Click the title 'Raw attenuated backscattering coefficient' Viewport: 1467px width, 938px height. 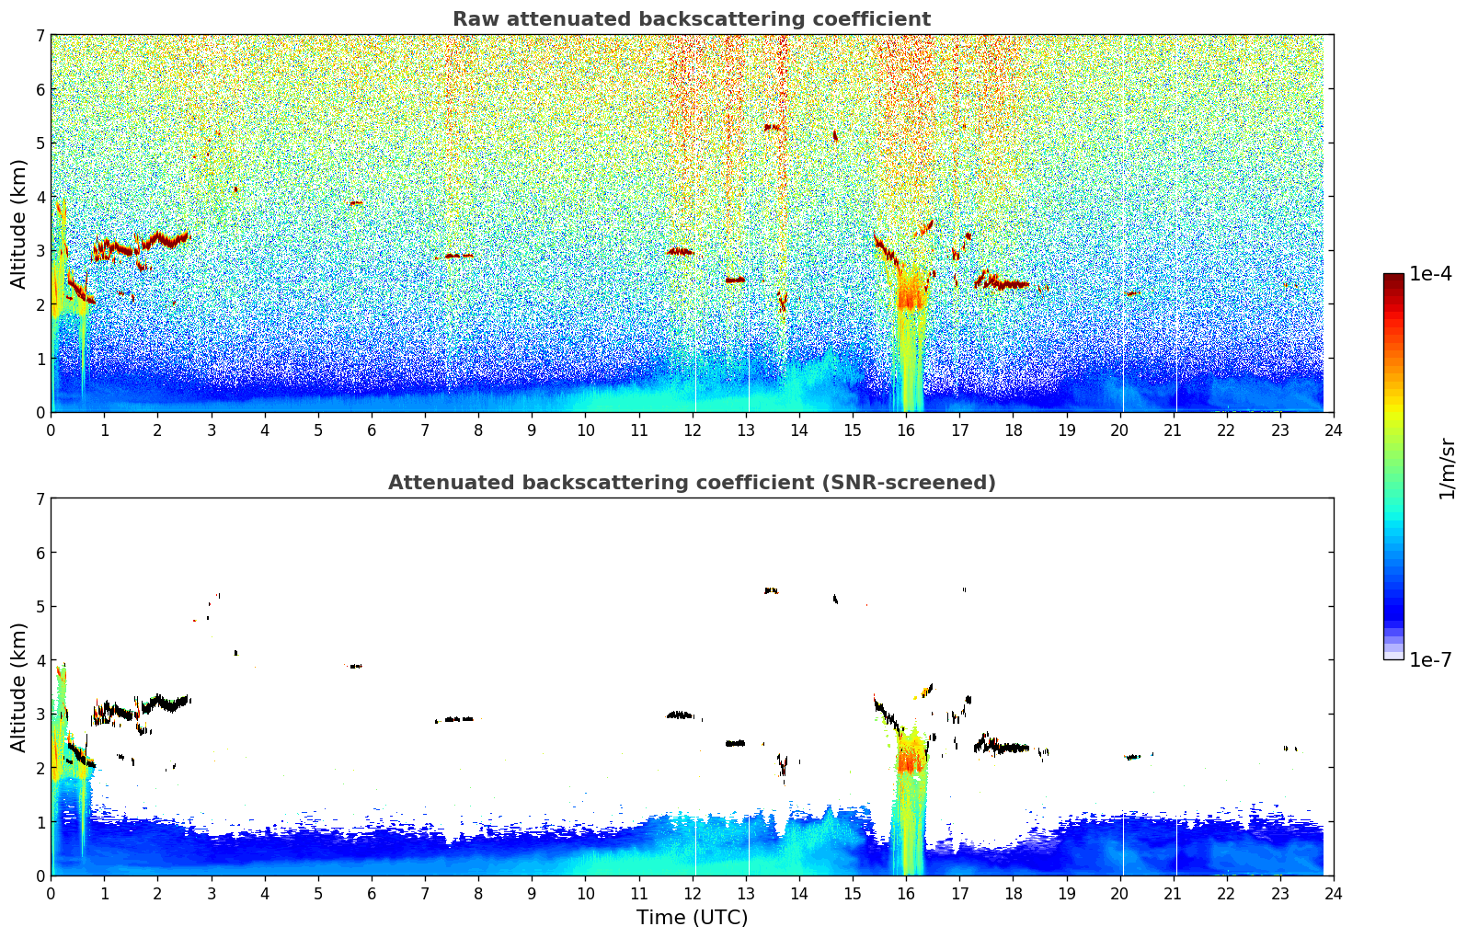692,19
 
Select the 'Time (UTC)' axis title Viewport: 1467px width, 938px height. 692,918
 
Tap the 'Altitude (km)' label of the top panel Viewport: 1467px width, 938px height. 18,224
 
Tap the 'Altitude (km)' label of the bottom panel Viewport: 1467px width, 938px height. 18,687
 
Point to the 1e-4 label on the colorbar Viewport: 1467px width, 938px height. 1430,274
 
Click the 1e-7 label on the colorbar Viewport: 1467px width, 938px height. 1430,659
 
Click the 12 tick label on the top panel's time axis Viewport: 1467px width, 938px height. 693,430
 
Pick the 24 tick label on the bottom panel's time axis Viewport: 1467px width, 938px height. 1334,894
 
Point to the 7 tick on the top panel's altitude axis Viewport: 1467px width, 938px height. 40,35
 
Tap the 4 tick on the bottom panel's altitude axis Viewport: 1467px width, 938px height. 40,660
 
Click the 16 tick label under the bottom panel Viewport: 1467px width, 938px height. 906,894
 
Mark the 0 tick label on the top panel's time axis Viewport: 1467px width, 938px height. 52,430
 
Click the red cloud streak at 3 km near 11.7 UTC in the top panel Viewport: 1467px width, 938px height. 680,252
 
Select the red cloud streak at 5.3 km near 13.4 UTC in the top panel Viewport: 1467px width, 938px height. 773,127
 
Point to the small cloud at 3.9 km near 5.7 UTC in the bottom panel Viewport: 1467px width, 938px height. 356,666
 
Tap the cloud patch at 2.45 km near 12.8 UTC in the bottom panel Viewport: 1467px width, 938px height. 736,743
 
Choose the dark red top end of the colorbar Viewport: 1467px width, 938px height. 1393,278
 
